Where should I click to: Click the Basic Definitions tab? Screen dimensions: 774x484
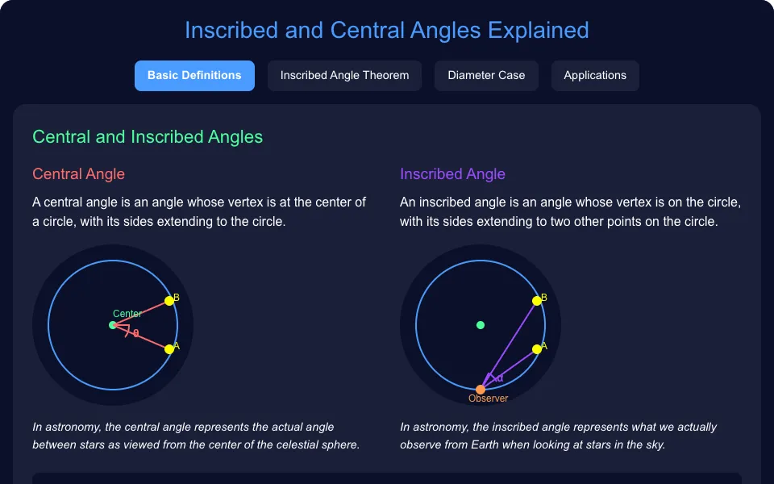point(194,76)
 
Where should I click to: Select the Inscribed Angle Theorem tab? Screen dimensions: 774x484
point(344,76)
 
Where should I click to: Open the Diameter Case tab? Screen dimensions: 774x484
point(486,76)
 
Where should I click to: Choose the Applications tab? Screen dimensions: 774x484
point(595,76)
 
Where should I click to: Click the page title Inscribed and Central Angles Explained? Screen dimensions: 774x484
point(386,30)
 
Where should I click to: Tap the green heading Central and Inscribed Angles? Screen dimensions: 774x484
point(148,137)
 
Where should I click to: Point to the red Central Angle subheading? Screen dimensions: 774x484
point(78,174)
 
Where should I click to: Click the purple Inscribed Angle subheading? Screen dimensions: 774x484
point(452,174)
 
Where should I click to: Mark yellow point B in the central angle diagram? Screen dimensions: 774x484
point(169,301)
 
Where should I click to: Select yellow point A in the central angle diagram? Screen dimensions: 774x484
point(169,349)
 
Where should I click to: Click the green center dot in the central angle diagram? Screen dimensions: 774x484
point(113,325)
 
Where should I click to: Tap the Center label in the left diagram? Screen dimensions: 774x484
point(127,314)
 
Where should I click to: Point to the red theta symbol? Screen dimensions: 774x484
point(135,334)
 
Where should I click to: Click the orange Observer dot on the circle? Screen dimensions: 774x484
point(481,390)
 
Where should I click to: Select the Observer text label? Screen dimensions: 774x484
point(489,398)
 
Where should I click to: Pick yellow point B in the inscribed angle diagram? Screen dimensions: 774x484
point(537,301)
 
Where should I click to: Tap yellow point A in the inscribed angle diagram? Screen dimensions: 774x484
point(537,349)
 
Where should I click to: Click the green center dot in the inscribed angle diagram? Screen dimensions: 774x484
point(481,325)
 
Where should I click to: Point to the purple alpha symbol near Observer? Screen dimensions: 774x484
point(500,379)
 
